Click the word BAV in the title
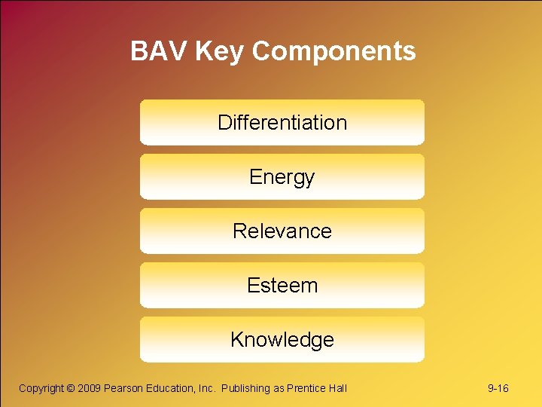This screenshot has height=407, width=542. click(x=159, y=51)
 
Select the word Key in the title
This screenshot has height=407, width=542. click(x=219, y=51)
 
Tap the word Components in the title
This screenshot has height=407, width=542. click(x=333, y=51)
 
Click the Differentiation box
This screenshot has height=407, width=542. click(x=282, y=122)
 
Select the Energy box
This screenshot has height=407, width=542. click(x=282, y=176)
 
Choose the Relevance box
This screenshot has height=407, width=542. click(x=282, y=231)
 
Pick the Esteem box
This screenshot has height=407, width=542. click(x=282, y=285)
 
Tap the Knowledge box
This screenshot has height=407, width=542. click(x=282, y=339)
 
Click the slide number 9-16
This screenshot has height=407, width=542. click(x=498, y=388)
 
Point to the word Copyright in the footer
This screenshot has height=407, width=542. click(x=41, y=388)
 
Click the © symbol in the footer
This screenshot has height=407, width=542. click(x=71, y=388)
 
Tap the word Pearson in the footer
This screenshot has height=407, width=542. click(x=123, y=388)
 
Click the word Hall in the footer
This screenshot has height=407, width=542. click(x=338, y=388)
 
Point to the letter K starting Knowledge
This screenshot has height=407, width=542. click(x=236, y=339)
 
